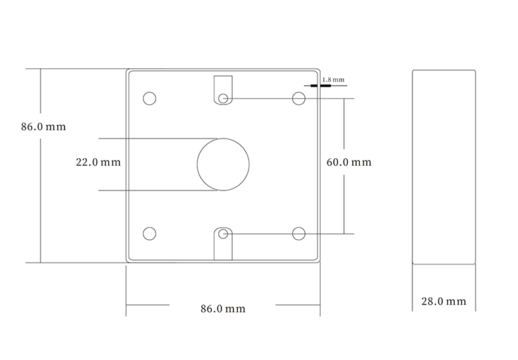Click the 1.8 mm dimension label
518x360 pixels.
click(x=333, y=80)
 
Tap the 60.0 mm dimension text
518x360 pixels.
click(x=349, y=163)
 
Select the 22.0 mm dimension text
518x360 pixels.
click(x=99, y=163)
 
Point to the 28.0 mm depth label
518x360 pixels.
click(x=443, y=302)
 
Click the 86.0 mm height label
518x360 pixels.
click(x=44, y=127)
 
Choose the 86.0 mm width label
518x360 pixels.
click(x=223, y=309)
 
